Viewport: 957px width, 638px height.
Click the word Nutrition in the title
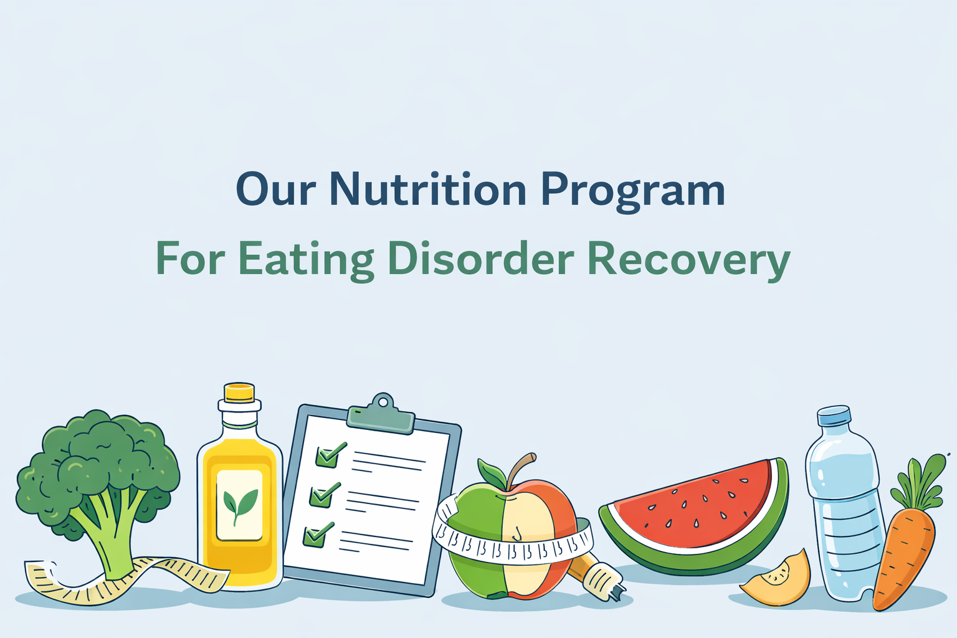point(427,189)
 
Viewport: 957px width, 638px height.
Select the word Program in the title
point(633,192)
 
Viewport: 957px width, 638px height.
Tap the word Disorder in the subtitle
point(480,258)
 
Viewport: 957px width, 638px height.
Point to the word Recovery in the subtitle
point(688,260)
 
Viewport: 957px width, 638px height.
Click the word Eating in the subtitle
point(306,260)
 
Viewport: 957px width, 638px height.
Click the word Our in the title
point(275,189)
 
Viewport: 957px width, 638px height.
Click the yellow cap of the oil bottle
point(239,393)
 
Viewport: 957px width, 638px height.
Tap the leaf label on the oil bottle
point(239,505)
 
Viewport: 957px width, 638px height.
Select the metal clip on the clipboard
point(381,413)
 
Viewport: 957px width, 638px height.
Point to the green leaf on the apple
point(492,474)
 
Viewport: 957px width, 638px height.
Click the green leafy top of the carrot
point(918,483)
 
